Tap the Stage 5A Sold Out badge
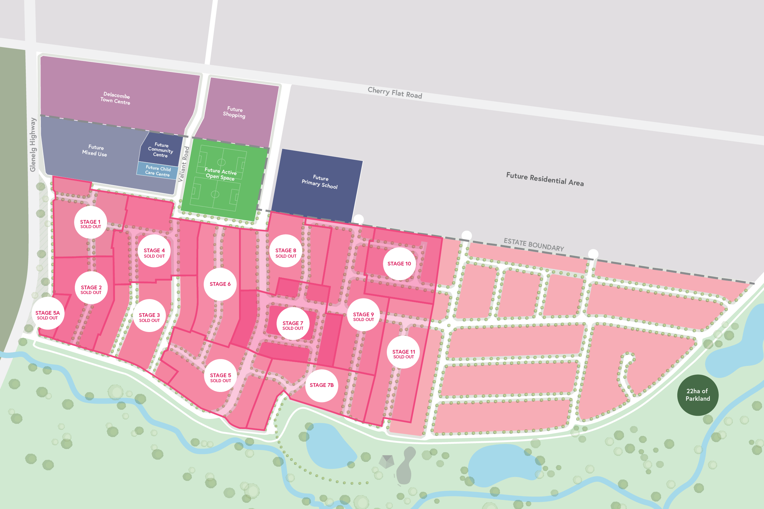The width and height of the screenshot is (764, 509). (x=47, y=313)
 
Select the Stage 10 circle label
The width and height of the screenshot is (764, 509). (x=399, y=264)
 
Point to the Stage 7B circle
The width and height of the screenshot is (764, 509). (x=321, y=385)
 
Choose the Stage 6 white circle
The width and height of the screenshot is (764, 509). (x=220, y=284)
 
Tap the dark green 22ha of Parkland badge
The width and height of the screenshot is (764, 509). (x=697, y=395)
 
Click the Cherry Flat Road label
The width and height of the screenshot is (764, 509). (x=395, y=93)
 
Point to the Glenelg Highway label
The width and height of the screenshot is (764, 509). (x=33, y=145)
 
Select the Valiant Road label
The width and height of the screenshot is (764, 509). (x=184, y=164)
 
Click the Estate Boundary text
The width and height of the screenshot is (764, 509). (x=533, y=244)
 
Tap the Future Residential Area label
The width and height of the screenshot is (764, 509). (x=545, y=179)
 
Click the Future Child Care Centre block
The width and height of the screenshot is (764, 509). (x=158, y=171)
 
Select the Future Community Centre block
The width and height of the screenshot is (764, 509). (x=161, y=150)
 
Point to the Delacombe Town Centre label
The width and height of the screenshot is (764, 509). (x=115, y=98)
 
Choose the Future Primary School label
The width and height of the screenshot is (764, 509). (x=320, y=182)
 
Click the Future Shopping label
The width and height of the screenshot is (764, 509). (x=234, y=112)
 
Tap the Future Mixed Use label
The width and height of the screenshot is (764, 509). (x=95, y=150)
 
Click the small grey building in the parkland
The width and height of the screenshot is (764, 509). (x=386, y=461)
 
